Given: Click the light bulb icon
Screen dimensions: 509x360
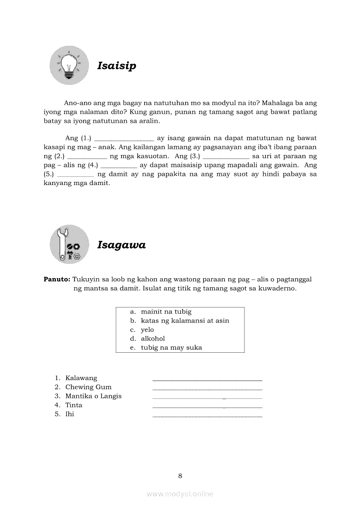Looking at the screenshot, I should (69, 65).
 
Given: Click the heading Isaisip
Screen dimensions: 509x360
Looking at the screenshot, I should (116, 66).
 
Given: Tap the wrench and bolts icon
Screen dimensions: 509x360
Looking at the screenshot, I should (69, 244).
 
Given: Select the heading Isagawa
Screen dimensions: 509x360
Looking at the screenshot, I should (121, 245).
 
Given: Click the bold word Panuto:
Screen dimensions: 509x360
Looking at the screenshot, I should (57, 279).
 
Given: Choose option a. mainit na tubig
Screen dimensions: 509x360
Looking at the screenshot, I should (166, 312).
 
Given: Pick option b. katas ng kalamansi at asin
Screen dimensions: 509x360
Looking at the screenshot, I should (184, 321).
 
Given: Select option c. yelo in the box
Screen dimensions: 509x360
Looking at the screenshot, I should (147, 330).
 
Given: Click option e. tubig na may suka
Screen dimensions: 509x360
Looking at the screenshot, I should (171, 347).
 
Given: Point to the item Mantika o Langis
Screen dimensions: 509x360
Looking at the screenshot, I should (93, 396).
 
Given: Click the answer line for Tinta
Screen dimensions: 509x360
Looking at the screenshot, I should (207, 407).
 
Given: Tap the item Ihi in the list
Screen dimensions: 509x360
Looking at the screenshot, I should (70, 414).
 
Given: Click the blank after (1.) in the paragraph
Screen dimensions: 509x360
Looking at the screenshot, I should (124, 139).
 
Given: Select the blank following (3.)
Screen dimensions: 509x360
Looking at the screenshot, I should (226, 157).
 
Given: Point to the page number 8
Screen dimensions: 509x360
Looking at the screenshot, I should (180, 476).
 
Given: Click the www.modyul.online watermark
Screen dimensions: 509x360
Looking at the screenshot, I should (180, 494).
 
